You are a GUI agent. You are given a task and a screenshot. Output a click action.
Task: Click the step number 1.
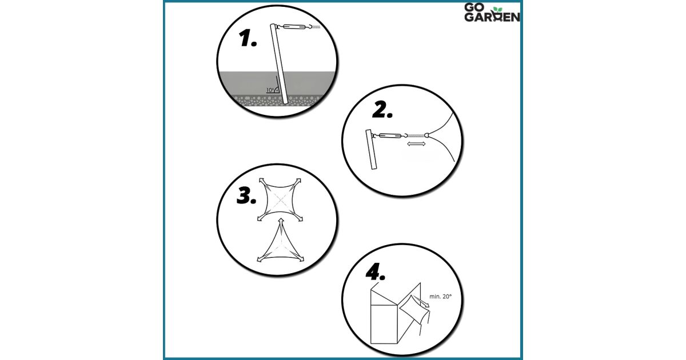(x=248, y=38)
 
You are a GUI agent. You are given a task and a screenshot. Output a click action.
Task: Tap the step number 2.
(x=382, y=110)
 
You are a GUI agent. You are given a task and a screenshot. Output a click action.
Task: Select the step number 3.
(x=246, y=196)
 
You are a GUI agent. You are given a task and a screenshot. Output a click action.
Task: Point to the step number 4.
(x=376, y=271)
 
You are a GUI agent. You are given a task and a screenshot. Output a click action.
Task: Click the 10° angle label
(x=270, y=90)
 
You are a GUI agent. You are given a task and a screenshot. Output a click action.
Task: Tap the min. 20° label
(x=440, y=297)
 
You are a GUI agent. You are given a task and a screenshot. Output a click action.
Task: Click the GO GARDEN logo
(x=492, y=12)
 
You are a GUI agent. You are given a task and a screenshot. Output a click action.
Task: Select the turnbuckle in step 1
(x=294, y=27)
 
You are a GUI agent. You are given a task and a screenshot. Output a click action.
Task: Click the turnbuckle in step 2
(x=390, y=135)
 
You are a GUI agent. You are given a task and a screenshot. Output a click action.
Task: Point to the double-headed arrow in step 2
(x=416, y=144)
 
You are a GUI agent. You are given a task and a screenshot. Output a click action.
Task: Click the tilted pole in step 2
(x=371, y=149)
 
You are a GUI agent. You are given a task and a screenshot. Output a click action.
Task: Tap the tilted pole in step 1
(x=279, y=64)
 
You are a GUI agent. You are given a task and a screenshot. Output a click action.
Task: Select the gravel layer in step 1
(x=277, y=101)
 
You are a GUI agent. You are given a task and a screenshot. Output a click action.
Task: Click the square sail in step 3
(x=280, y=200)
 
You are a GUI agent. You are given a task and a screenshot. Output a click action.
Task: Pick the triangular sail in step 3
(x=281, y=242)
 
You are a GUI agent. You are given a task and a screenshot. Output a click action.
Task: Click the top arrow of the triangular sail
(x=281, y=222)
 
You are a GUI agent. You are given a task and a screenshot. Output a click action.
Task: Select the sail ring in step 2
(x=426, y=135)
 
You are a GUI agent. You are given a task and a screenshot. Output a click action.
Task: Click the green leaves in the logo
(x=498, y=10)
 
